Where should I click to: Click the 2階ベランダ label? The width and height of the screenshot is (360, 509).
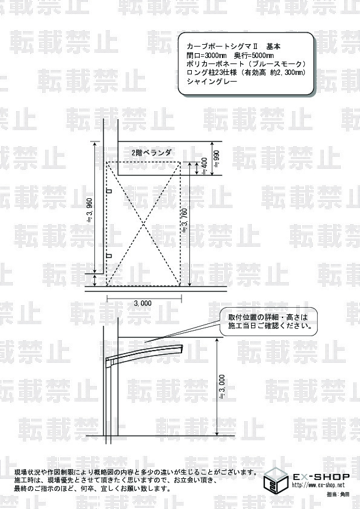pyautogui.click(x=151, y=152)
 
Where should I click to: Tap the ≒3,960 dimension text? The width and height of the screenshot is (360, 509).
pyautogui.click(x=90, y=210)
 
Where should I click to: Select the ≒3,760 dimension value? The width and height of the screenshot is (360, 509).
pyautogui.click(x=185, y=221)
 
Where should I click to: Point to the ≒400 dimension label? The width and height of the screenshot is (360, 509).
pyautogui.click(x=205, y=166)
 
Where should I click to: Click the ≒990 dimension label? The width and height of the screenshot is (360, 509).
pyautogui.click(x=217, y=158)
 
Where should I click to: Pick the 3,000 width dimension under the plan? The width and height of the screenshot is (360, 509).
pyautogui.click(x=143, y=303)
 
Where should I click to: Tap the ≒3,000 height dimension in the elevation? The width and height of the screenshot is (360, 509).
pyautogui.click(x=222, y=387)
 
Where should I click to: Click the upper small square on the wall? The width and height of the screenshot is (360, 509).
pyautogui.click(x=109, y=191)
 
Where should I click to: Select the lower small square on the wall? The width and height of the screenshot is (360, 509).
pyautogui.click(x=109, y=256)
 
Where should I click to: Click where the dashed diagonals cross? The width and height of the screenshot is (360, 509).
pyautogui.click(x=143, y=224)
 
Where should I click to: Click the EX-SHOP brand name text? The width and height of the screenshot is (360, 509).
pyautogui.click(x=321, y=476)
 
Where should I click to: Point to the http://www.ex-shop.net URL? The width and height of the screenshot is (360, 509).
pyautogui.click(x=318, y=485)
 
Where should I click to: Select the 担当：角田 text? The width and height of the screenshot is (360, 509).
pyautogui.click(x=338, y=494)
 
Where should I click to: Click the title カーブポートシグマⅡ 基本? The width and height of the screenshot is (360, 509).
pyautogui.click(x=234, y=47)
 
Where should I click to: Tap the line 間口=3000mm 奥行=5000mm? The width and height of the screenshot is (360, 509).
pyautogui.click(x=230, y=55)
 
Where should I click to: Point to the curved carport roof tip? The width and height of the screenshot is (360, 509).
pyautogui.click(x=182, y=347)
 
